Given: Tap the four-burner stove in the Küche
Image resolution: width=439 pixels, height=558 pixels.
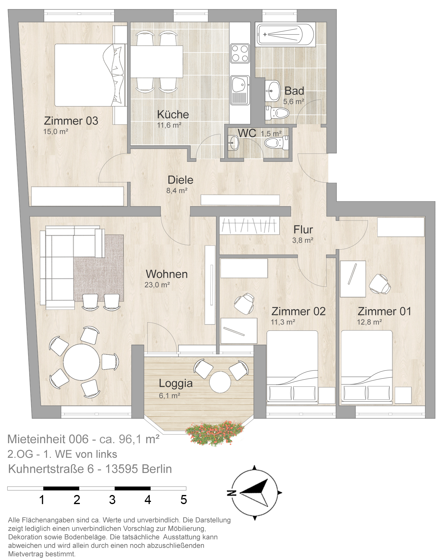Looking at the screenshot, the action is coord(240,53).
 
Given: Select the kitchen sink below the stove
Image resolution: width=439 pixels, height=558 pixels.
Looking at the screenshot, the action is coord(240,90).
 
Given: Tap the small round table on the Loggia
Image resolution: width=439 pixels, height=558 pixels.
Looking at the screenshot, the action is coord(220,382).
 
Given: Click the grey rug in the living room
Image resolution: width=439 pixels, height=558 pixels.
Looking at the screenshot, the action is coord(99,268).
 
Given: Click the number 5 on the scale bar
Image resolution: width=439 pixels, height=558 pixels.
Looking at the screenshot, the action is coord(183,500).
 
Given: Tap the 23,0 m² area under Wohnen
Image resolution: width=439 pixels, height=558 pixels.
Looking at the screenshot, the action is coord(157,285).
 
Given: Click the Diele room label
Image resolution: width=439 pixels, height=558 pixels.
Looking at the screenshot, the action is coord(180,180).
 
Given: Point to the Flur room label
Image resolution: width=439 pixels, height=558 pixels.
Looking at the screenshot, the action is coord(303,230).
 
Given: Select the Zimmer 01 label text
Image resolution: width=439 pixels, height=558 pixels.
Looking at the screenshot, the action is coord(385,311).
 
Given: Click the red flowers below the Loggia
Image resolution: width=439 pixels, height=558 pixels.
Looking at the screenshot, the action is coord(215,432).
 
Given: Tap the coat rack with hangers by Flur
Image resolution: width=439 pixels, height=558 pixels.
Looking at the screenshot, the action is coord(249,226).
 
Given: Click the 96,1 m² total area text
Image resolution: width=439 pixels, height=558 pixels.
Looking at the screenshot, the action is coord(139,439).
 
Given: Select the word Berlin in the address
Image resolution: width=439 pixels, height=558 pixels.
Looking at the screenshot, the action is coord(157,469).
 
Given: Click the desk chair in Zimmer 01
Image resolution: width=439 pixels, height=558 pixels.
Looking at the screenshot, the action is coord(380,284).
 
